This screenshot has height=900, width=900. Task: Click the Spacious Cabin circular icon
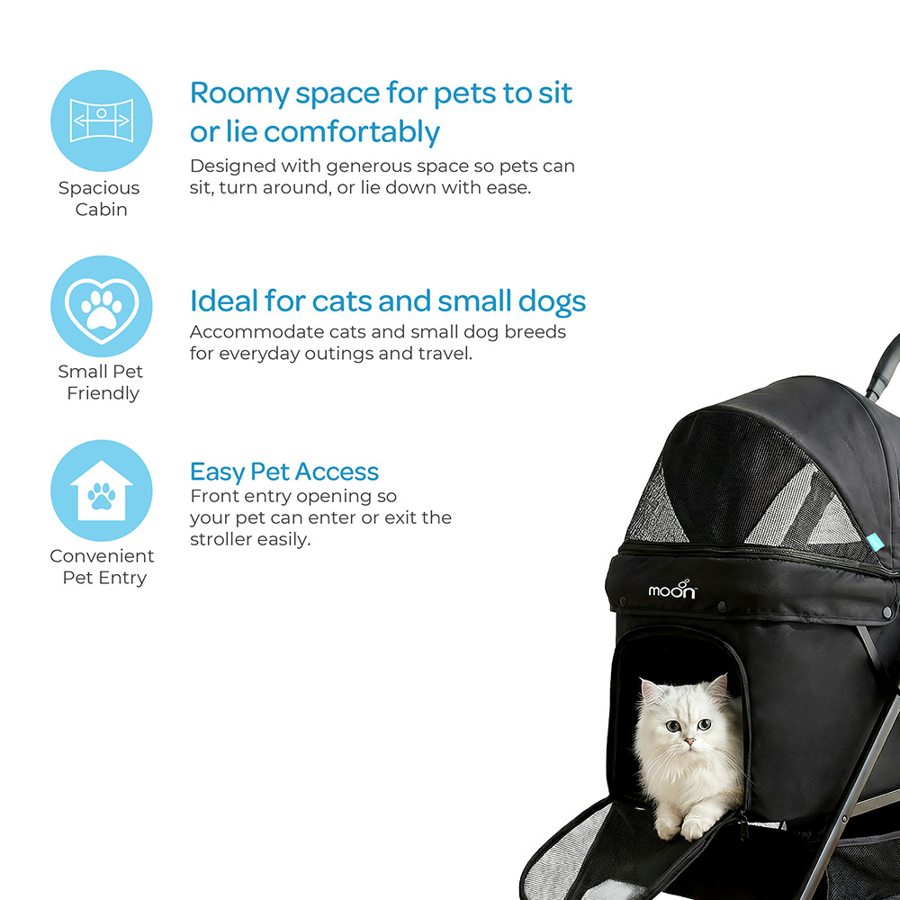pyautogui.click(x=102, y=121)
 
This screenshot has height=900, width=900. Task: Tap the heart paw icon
pyautogui.click(x=102, y=306)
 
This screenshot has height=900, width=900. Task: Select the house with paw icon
pyautogui.click(x=102, y=490)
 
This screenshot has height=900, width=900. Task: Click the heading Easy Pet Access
pyautogui.click(x=283, y=472)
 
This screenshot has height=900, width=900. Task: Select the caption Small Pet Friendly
pyautogui.click(x=100, y=382)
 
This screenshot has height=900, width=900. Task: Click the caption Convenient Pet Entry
pyautogui.click(x=102, y=567)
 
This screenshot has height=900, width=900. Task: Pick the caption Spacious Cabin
pyautogui.click(x=100, y=199)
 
